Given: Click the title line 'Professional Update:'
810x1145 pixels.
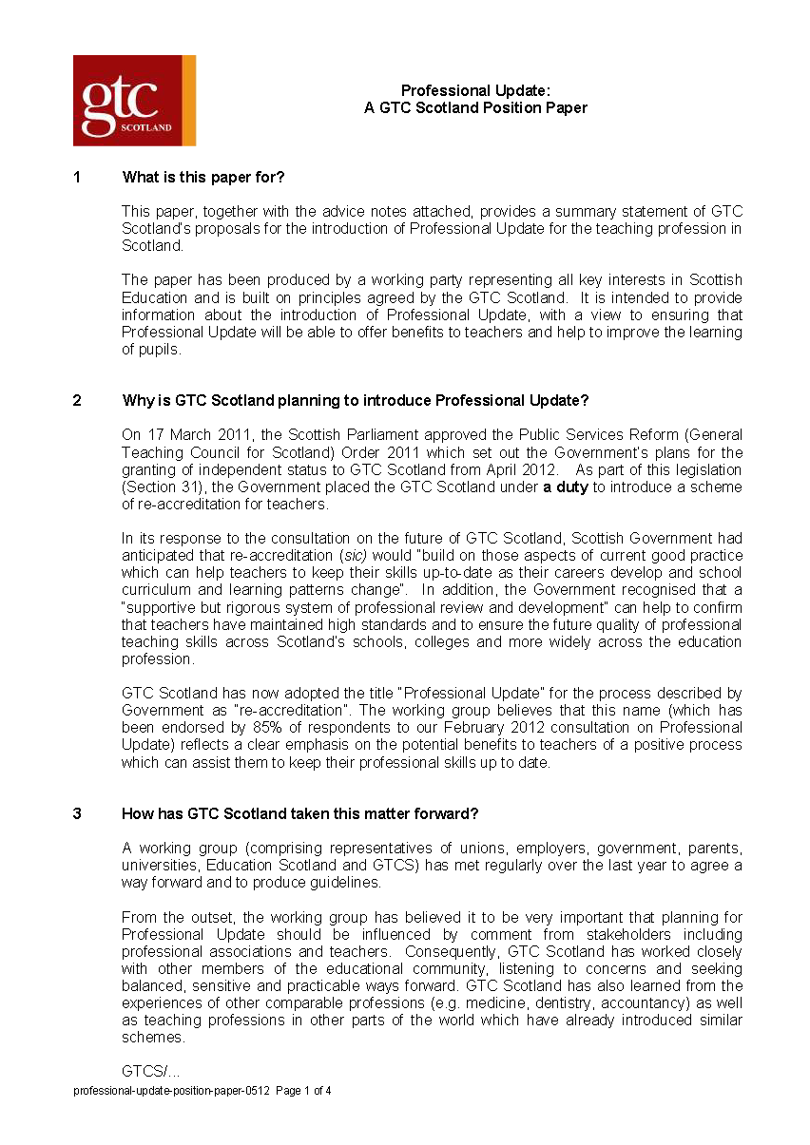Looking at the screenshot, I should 475,90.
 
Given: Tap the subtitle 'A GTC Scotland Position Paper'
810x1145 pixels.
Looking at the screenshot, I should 475,108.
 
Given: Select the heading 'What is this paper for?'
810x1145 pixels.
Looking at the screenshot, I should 203,177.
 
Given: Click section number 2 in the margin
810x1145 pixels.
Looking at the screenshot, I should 77,400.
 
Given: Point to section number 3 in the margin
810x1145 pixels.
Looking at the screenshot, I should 77,813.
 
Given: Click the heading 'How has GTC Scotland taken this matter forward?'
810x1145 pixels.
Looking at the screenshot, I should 299,813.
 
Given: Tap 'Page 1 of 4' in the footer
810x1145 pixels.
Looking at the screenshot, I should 303,1091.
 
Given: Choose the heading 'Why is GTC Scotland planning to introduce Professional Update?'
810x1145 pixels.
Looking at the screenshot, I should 356,400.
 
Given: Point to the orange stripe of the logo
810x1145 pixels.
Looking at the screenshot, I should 188,101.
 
